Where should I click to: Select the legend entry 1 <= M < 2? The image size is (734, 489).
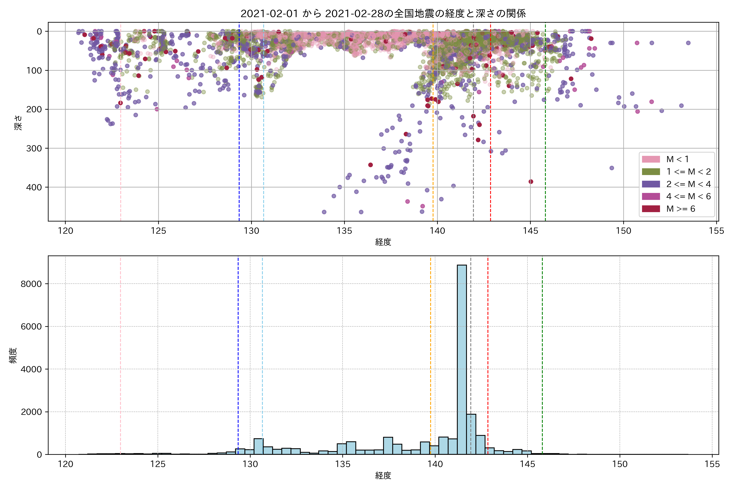[x=689, y=172]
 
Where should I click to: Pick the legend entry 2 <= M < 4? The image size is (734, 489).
[x=689, y=184]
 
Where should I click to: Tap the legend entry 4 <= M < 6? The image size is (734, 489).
[x=689, y=196]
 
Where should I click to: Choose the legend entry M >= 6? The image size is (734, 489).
[x=681, y=209]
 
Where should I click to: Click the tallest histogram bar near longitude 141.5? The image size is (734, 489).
[x=462, y=359]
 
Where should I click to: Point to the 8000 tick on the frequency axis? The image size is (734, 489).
[x=31, y=284]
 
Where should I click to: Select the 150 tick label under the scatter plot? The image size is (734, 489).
[x=623, y=231]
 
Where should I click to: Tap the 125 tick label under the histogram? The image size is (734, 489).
[x=158, y=464]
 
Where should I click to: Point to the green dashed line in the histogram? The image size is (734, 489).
[x=542, y=356]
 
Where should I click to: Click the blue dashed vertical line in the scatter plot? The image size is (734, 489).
[x=239, y=125]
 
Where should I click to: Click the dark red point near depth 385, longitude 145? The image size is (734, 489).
[x=531, y=182]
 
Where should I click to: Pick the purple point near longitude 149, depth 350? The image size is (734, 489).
[x=612, y=168]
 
